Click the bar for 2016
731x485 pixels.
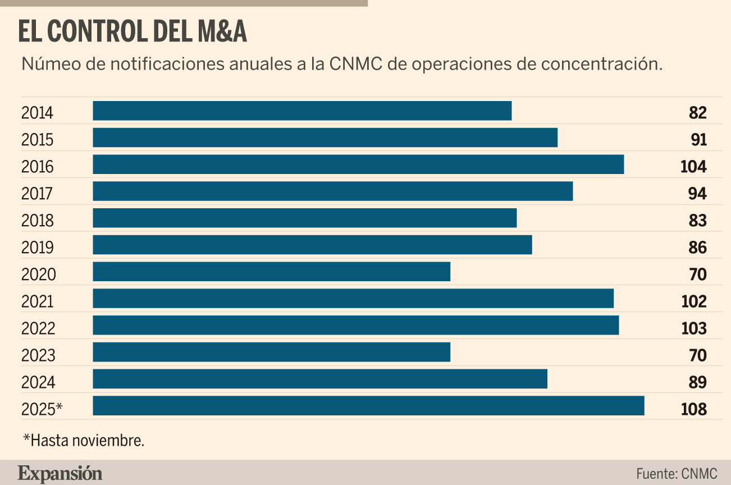point(358,164)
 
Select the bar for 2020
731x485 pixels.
point(271,272)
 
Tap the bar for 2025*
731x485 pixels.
point(368,406)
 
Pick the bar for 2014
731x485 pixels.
point(302,111)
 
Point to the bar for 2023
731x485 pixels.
point(271,352)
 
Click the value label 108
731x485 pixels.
point(693,409)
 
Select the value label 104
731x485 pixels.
point(693,167)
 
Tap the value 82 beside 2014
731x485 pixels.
point(697,113)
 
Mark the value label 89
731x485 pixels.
point(697,382)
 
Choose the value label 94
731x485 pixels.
point(697,194)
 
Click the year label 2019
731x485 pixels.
point(38,248)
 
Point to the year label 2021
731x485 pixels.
point(38,301)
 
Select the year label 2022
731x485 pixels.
point(38,328)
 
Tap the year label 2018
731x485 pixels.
point(38,221)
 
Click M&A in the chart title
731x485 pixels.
point(222,32)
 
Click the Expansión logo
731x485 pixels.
point(60,473)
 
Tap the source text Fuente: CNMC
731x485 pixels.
point(677,473)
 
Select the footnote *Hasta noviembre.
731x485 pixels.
point(84,441)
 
